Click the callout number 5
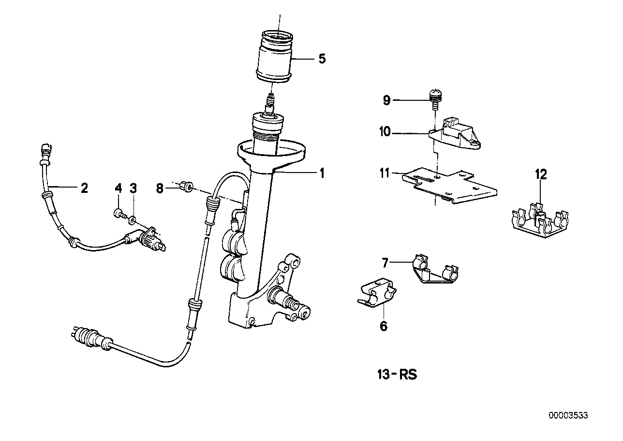tap(322, 59)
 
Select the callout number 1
tap(322, 173)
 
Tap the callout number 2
tap(84, 188)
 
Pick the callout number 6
tap(383, 326)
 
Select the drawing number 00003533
tap(568, 415)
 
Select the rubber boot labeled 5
tap(274, 58)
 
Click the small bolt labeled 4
tap(118, 213)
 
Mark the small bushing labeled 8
tap(186, 186)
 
